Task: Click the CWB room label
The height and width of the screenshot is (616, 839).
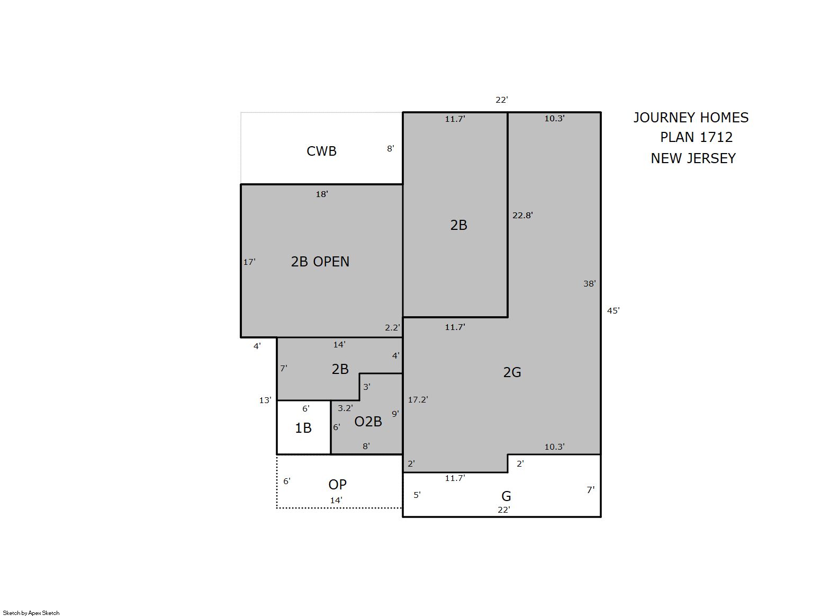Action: click(x=321, y=151)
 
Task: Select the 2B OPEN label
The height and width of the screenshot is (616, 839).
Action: click(x=320, y=262)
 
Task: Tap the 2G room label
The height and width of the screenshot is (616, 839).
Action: click(x=512, y=372)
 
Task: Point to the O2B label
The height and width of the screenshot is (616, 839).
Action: click(x=368, y=422)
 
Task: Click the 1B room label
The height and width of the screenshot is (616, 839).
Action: click(x=303, y=428)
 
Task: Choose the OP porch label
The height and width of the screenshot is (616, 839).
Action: click(x=337, y=485)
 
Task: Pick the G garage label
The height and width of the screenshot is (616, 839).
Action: click(x=506, y=496)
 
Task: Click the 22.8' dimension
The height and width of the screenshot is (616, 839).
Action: click(x=522, y=216)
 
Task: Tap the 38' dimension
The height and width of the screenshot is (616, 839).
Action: click(x=589, y=284)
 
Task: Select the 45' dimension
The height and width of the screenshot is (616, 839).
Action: click(x=613, y=310)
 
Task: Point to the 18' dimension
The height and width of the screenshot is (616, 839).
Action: click(x=322, y=194)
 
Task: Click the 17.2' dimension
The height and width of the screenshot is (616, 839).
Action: click(x=418, y=400)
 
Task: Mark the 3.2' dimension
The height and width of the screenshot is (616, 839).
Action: click(x=345, y=408)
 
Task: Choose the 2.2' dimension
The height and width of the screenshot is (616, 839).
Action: click(x=393, y=327)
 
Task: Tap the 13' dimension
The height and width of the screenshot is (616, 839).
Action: click(x=265, y=400)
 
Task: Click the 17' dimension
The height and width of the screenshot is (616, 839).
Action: click(x=249, y=262)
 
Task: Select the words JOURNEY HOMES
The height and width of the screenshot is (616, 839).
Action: click(x=691, y=118)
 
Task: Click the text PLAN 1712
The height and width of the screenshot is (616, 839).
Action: click(x=696, y=138)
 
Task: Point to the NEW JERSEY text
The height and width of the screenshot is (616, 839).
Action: click(x=693, y=158)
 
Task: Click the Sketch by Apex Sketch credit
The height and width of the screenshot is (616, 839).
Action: click(x=31, y=613)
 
